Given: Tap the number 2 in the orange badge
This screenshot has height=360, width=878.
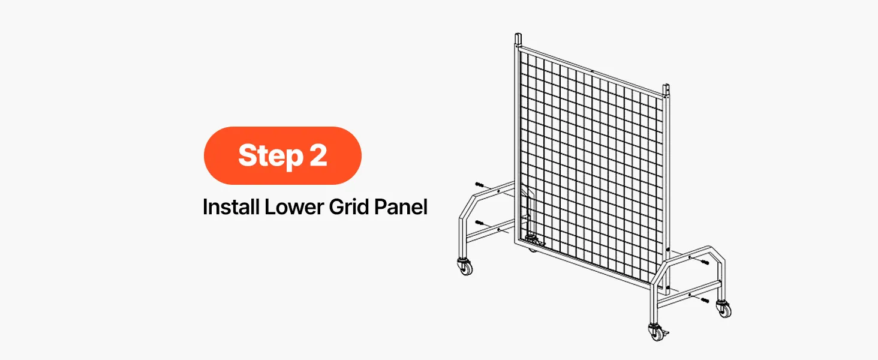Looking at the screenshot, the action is [318, 155].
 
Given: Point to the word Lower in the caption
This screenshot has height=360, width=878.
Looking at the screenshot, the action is [294, 208].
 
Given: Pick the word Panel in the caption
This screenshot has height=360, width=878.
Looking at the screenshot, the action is [401, 206].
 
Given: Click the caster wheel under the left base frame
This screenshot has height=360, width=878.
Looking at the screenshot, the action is [465, 266].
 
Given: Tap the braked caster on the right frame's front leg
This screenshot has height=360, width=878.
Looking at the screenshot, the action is [657, 332].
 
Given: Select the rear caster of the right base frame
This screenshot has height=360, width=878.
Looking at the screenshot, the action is [723, 308].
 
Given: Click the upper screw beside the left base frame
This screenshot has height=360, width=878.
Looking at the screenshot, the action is [479, 184].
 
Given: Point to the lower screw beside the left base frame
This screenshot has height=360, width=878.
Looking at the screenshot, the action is [479, 223].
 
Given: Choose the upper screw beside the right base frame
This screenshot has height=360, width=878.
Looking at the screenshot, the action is [705, 262].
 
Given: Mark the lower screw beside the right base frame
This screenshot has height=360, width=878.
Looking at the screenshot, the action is [705, 301].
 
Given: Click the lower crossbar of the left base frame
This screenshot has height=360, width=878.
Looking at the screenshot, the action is [490, 232].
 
